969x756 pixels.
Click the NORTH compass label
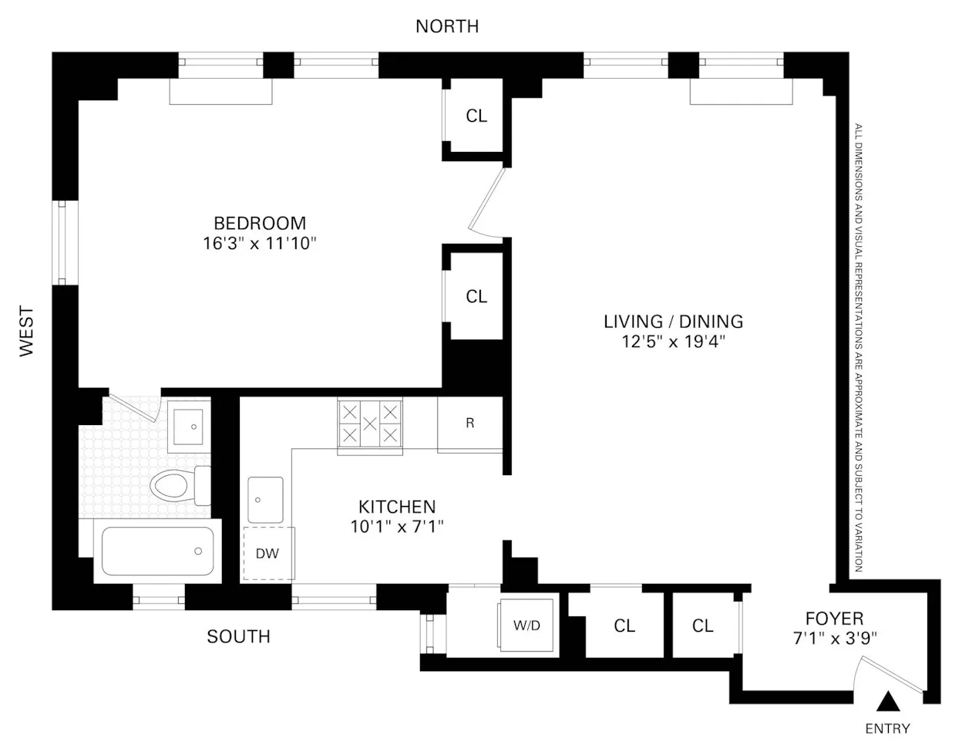[446, 26]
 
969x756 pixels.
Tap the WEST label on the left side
[27, 332]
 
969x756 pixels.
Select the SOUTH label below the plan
[238, 636]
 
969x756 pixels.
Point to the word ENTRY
[887, 728]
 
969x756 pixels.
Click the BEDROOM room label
[259, 224]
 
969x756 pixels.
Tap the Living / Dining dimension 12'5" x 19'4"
[674, 342]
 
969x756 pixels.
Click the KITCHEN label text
[397, 507]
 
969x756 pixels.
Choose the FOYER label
[834, 618]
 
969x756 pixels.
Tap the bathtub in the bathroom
[157, 551]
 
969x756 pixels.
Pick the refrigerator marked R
[469, 424]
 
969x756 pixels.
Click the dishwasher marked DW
[267, 553]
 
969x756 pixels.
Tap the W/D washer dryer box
[527, 625]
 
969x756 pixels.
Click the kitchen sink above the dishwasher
[265, 499]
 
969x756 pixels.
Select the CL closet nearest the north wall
[476, 116]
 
